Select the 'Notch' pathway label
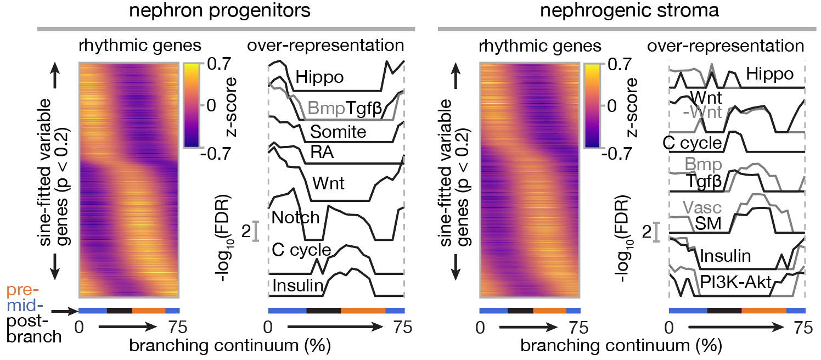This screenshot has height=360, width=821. pos(296,218)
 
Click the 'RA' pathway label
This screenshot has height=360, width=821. pos(322,155)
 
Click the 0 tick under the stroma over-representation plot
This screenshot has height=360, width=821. pos(668,328)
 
